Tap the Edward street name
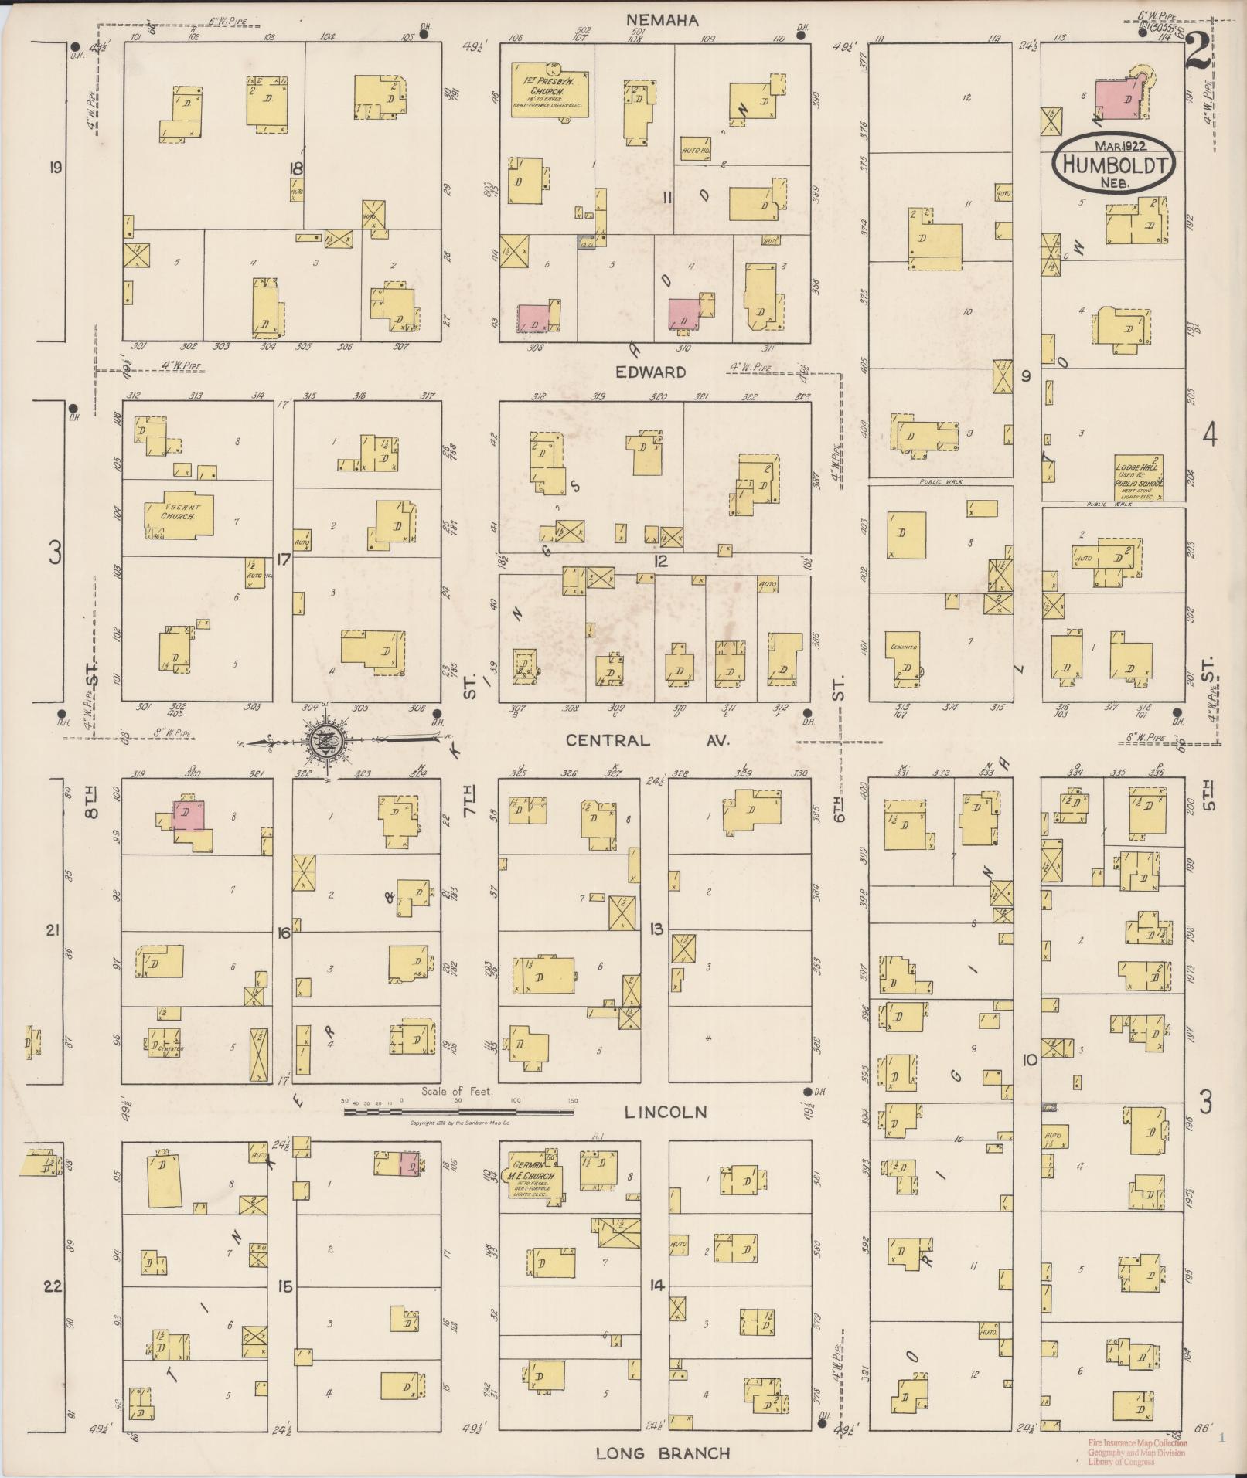pyautogui.click(x=650, y=372)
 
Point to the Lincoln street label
pyautogui.click(x=665, y=1112)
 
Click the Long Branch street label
pyautogui.click(x=663, y=1453)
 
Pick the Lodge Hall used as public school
pyautogui.click(x=1139, y=477)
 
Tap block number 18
pyautogui.click(x=295, y=169)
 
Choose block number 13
pyautogui.click(x=657, y=929)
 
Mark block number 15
pyautogui.click(x=285, y=1286)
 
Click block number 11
pyautogui.click(x=667, y=198)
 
